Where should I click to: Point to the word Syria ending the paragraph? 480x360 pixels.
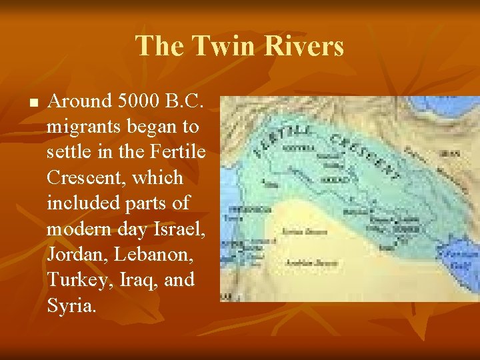point(70,305)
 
